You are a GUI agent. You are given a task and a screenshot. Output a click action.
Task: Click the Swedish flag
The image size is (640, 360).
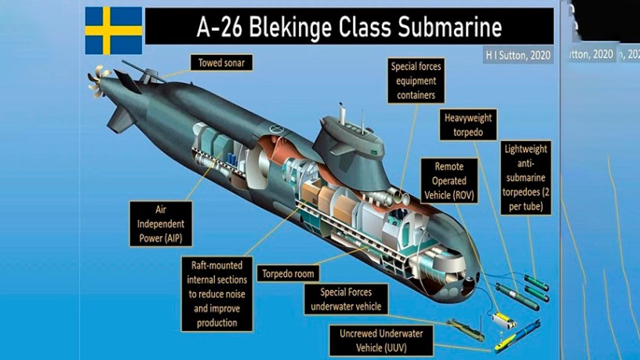point(113,31)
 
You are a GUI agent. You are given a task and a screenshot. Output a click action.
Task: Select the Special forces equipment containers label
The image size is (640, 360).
point(416,82)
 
